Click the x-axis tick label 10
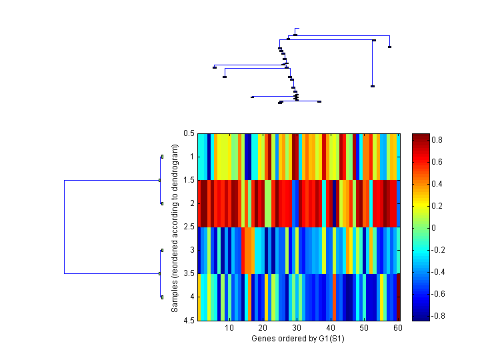[x=229, y=329]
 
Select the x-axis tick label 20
[x=263, y=329]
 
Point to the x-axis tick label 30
[x=297, y=329]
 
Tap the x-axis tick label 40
[x=330, y=329]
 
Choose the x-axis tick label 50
[x=364, y=329]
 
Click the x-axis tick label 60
[x=397, y=329]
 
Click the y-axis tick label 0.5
[x=189, y=133]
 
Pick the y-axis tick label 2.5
[x=189, y=227]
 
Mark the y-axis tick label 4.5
[x=189, y=321]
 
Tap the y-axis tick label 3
[x=192, y=251]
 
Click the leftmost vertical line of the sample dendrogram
[x=64, y=227]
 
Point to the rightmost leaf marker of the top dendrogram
[x=389, y=47]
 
